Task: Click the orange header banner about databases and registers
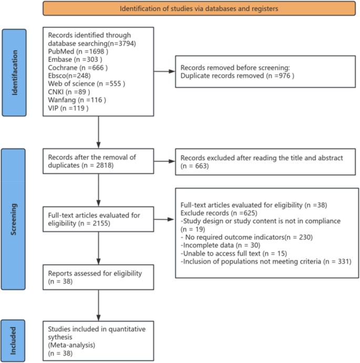(x=199, y=9)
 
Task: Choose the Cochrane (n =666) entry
(x=78, y=68)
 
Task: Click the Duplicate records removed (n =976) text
(x=238, y=77)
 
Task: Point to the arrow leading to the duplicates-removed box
(x=163, y=72)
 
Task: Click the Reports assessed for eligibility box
(x=98, y=277)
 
